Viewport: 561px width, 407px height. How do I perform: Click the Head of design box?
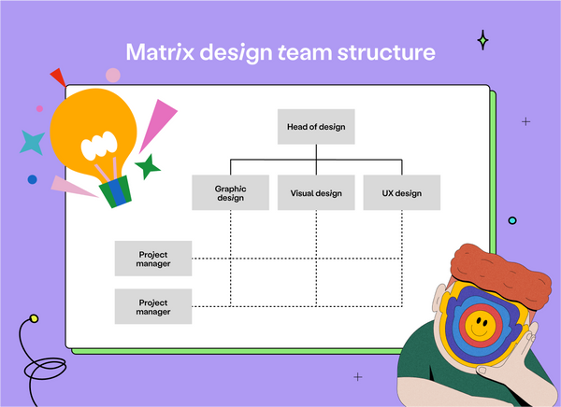tap(316, 126)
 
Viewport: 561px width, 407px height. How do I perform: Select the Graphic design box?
tap(230, 192)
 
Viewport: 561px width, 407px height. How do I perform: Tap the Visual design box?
tap(316, 192)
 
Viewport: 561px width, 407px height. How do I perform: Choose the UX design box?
tap(401, 192)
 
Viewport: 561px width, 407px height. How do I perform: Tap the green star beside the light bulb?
tap(147, 167)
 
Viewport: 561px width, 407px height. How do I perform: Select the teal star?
tap(33, 142)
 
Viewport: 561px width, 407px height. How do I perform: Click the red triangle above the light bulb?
tap(58, 77)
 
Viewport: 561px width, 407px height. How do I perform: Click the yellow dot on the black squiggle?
tap(34, 319)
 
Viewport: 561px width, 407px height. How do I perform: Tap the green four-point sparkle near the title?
tap(483, 40)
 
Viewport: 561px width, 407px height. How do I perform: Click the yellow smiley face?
tap(482, 326)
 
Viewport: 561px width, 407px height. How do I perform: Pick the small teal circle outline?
tap(512, 220)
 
